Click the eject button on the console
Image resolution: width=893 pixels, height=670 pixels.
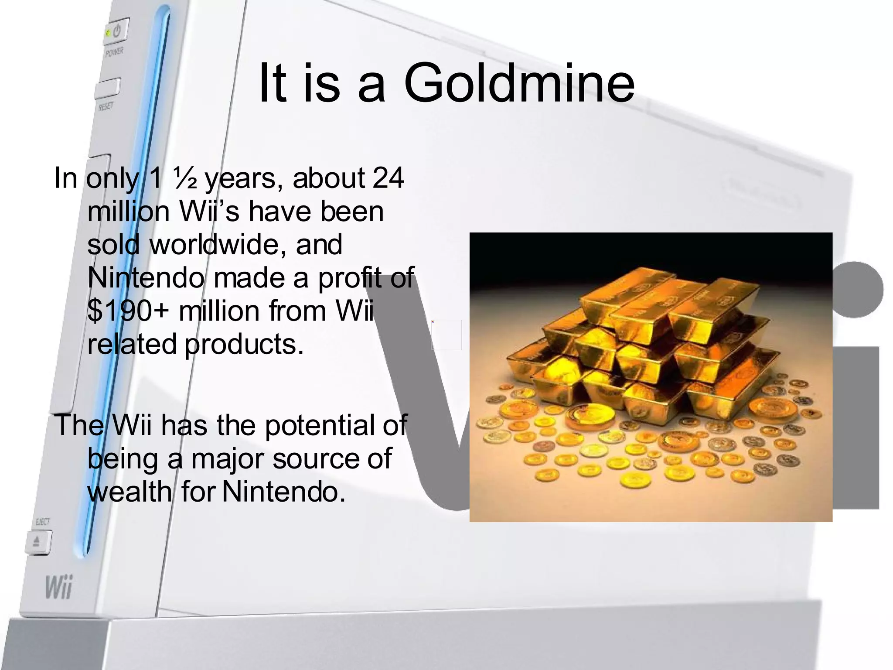[38, 542]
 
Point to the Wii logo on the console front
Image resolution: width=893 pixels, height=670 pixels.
[58, 588]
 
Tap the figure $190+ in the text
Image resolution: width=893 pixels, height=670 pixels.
[130, 311]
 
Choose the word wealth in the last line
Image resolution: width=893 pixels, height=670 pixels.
[130, 492]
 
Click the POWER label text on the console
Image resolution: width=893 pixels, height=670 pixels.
[114, 52]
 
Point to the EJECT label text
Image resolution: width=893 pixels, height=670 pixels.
[42, 522]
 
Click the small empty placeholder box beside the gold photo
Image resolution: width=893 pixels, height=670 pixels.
[446, 335]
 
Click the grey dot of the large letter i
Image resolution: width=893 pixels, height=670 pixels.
[856, 290]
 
